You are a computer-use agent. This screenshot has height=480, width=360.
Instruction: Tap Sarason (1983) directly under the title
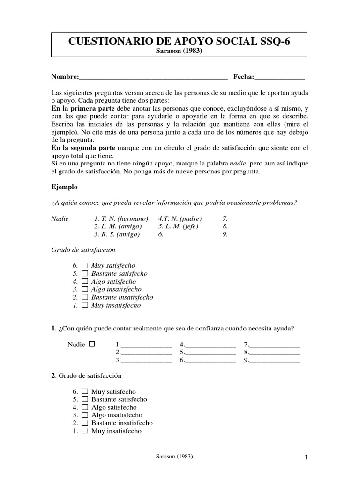click(179, 51)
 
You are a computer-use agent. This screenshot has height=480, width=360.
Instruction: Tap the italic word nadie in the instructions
click(238, 164)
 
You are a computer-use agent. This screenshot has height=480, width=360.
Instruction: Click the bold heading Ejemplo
click(64, 187)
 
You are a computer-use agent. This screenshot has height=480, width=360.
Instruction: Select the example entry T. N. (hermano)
click(121, 218)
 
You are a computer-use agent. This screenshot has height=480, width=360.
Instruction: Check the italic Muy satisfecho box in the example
click(85, 265)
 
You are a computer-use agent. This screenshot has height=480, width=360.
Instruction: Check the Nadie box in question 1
click(91, 344)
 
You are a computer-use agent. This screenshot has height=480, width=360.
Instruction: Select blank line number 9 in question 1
click(274, 361)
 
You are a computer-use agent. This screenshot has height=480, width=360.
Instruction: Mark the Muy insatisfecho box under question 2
click(85, 431)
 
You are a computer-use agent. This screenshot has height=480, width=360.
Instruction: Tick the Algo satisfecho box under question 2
click(85, 407)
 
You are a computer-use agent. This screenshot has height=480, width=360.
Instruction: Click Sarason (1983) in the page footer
click(175, 456)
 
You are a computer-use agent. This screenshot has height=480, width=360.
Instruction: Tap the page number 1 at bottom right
click(306, 457)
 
